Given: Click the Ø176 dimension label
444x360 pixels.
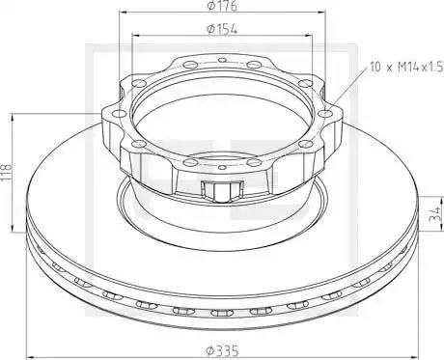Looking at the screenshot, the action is (x=222, y=6).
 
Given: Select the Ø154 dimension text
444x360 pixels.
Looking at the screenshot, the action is (x=222, y=29).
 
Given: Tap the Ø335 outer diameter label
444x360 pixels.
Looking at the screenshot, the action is (x=222, y=349).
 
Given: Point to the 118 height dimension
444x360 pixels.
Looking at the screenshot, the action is (x=6, y=173).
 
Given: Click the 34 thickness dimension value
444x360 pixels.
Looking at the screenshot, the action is (x=435, y=213).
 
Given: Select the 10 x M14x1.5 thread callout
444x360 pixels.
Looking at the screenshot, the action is (x=406, y=68).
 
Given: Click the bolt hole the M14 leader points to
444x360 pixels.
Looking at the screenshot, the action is (x=325, y=113).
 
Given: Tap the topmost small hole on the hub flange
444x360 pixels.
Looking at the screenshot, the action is (x=222, y=60).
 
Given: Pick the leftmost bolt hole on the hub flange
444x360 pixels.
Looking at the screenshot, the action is (x=120, y=113).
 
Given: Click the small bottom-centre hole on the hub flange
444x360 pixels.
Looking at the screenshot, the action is (x=222, y=167).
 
